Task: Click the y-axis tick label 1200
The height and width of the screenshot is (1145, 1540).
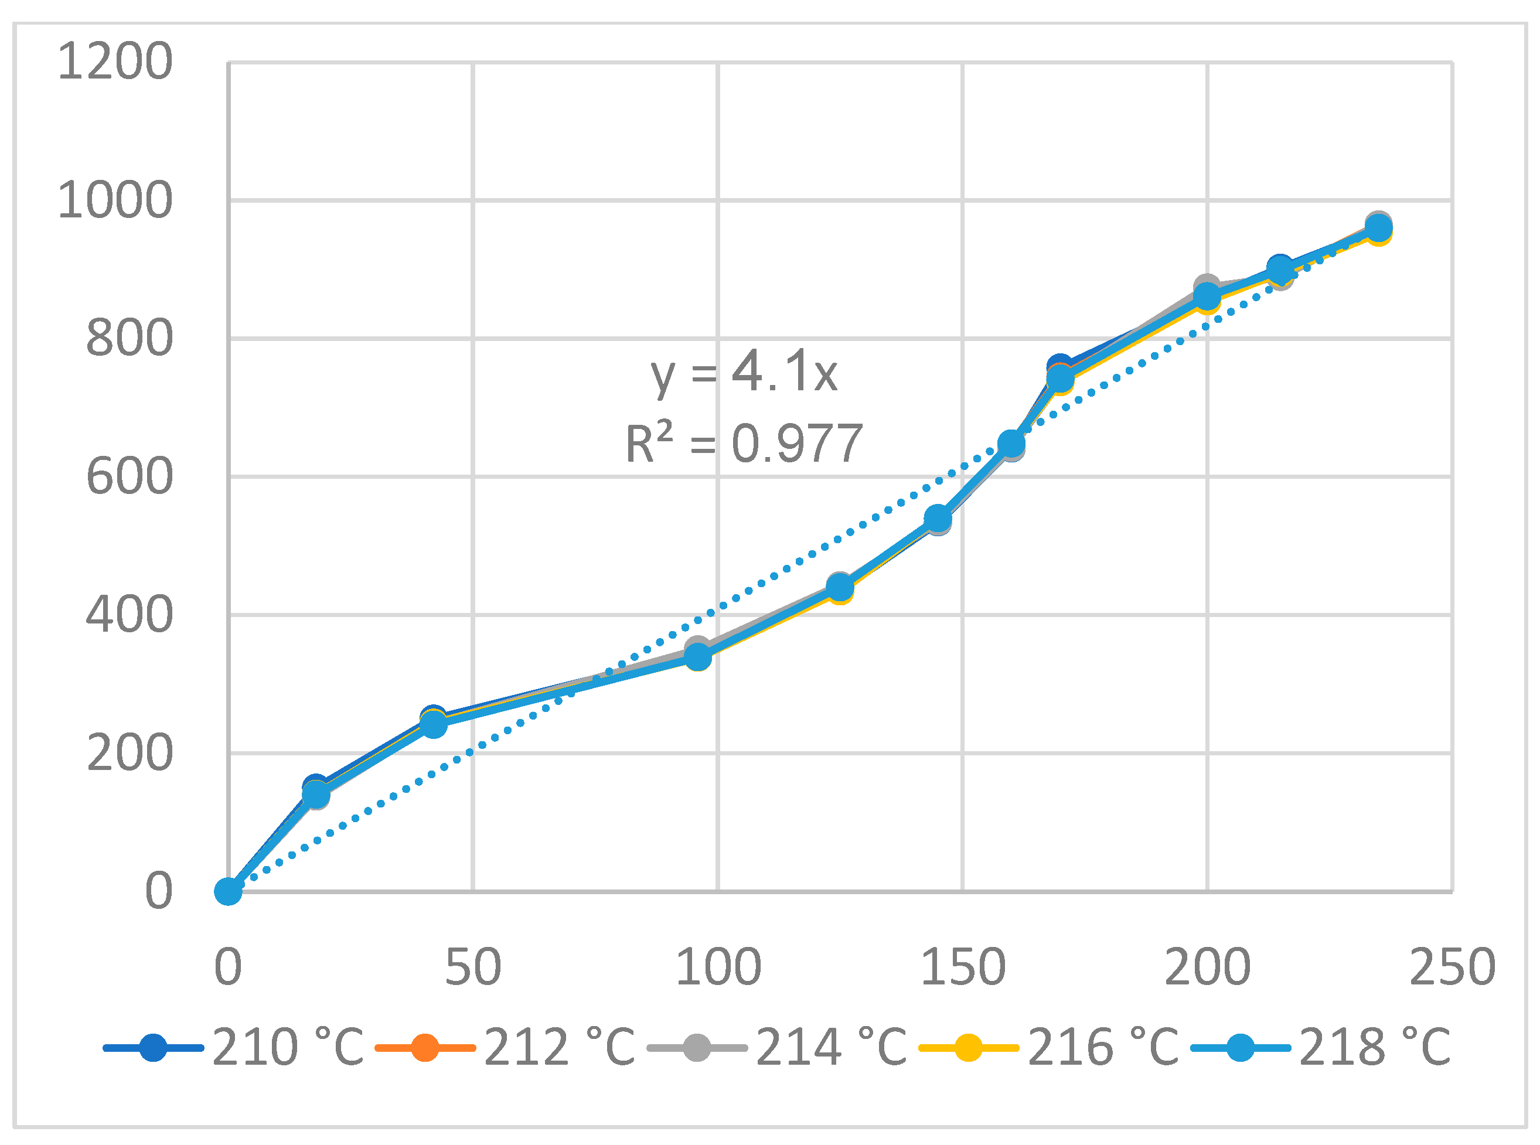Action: pos(115,62)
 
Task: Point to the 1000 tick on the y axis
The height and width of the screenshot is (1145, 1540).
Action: pos(115,200)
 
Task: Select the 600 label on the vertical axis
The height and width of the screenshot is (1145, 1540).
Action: pos(129,477)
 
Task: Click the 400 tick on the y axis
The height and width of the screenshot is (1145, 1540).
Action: pos(129,615)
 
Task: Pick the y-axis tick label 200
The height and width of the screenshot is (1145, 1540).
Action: pos(129,754)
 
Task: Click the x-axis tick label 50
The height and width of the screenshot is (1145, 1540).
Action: pos(473,967)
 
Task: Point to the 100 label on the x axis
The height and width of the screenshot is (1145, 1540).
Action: pos(718,967)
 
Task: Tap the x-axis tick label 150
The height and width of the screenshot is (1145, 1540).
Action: pos(963,967)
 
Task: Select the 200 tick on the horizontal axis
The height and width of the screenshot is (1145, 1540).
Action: pos(1207,967)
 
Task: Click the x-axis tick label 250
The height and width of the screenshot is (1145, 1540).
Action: pos(1452,967)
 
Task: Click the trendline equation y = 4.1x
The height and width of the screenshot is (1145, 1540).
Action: pos(744,372)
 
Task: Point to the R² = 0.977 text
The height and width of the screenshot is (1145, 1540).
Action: pos(744,444)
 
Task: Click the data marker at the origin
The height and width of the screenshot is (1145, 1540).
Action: pos(228,892)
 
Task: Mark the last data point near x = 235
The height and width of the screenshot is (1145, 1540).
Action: pos(1378,228)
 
